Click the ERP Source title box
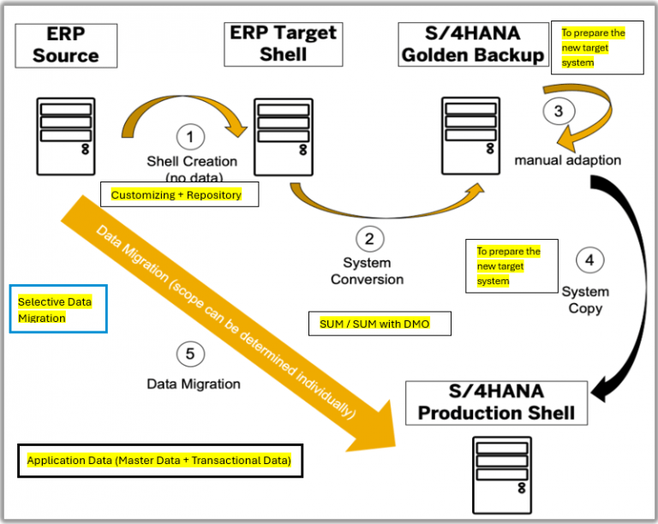pos(66,45)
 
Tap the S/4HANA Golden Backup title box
pos(473,45)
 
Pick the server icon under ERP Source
pos(66,135)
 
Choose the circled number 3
pos(559,111)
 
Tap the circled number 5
pos(191,353)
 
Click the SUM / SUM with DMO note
pos(379,324)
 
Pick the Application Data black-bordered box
pos(159,461)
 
